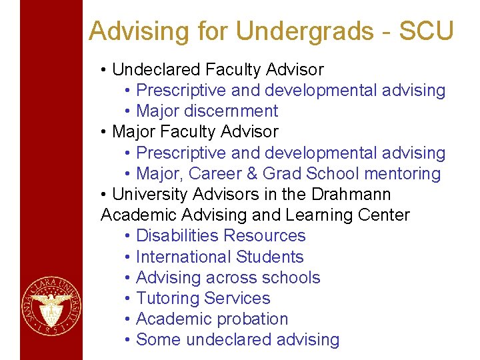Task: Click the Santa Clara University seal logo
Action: [51, 307]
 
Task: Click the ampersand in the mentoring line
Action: [250, 174]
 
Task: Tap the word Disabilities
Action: [177, 236]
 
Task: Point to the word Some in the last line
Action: [159, 339]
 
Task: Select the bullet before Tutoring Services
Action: [127, 299]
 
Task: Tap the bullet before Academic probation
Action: [127, 319]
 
